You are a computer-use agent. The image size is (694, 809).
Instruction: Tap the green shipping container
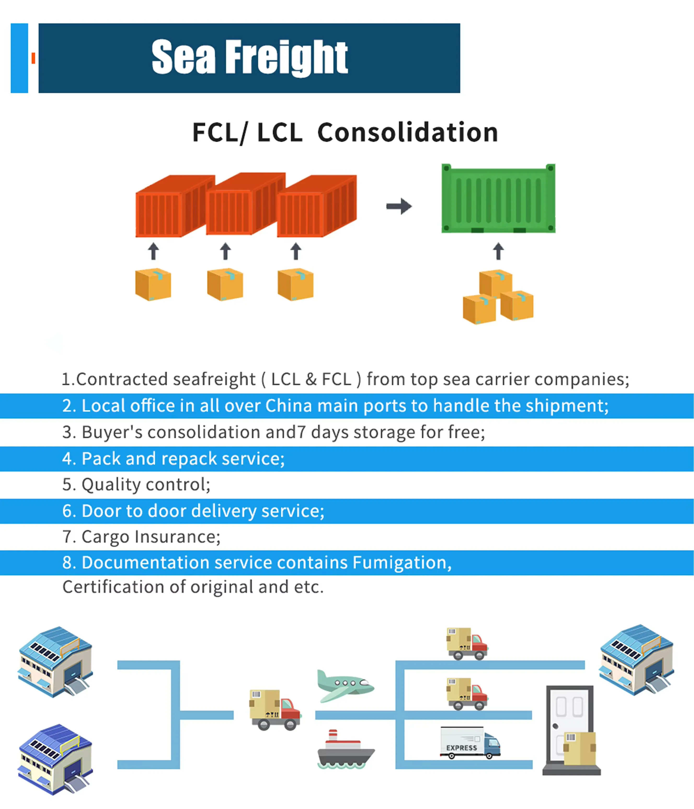(x=498, y=199)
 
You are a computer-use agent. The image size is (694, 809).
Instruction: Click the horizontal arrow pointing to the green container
(x=399, y=206)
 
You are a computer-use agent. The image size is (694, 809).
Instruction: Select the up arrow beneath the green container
(x=498, y=251)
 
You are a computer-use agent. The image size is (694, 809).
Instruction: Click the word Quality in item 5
(x=111, y=485)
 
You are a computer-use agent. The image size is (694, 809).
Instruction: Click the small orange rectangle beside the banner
(x=33, y=58)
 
